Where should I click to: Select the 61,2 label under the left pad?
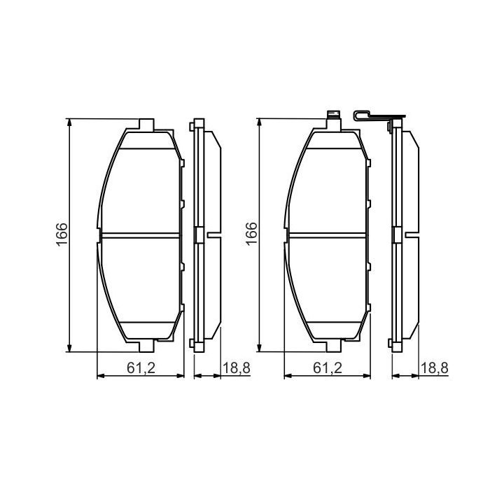pos(141,367)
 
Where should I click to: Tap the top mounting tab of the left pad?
pos(146,125)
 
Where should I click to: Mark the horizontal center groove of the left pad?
pos(140,234)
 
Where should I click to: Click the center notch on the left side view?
pos(198,235)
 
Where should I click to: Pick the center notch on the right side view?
pos(397,235)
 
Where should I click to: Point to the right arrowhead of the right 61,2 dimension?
pos(370,377)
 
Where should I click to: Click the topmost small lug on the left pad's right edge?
pos(182,162)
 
